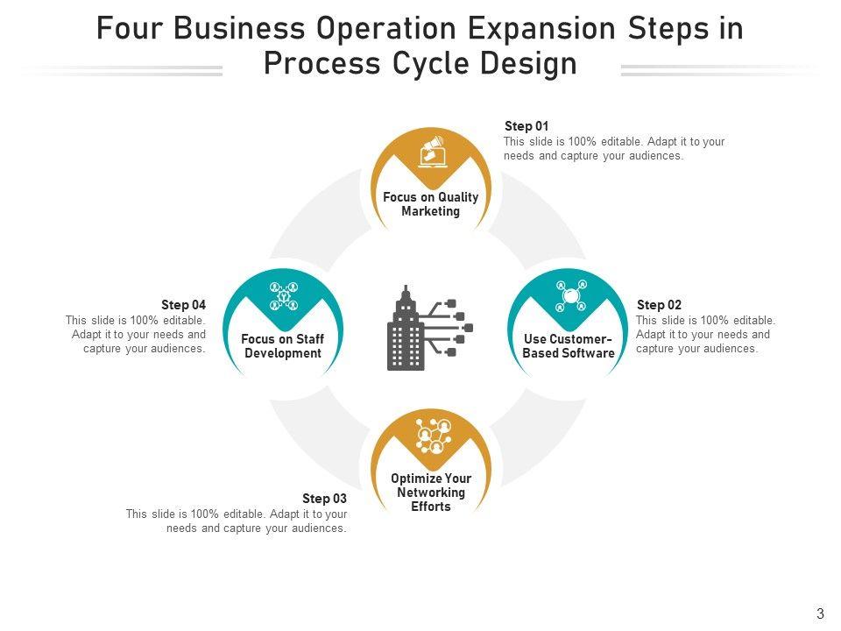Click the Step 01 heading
point(527,126)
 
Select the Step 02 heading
point(659,305)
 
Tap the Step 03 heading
point(324,499)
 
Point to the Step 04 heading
point(183,305)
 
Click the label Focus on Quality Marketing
point(430,204)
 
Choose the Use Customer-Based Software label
point(568,346)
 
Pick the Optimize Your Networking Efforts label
point(430,493)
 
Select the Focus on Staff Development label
point(283,346)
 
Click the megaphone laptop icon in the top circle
point(432,152)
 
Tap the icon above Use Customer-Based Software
point(571,296)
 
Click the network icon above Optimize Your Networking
point(433,436)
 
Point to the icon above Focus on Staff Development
point(284,296)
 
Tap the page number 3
point(820,614)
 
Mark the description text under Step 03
point(237,521)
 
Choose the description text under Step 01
point(614,149)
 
